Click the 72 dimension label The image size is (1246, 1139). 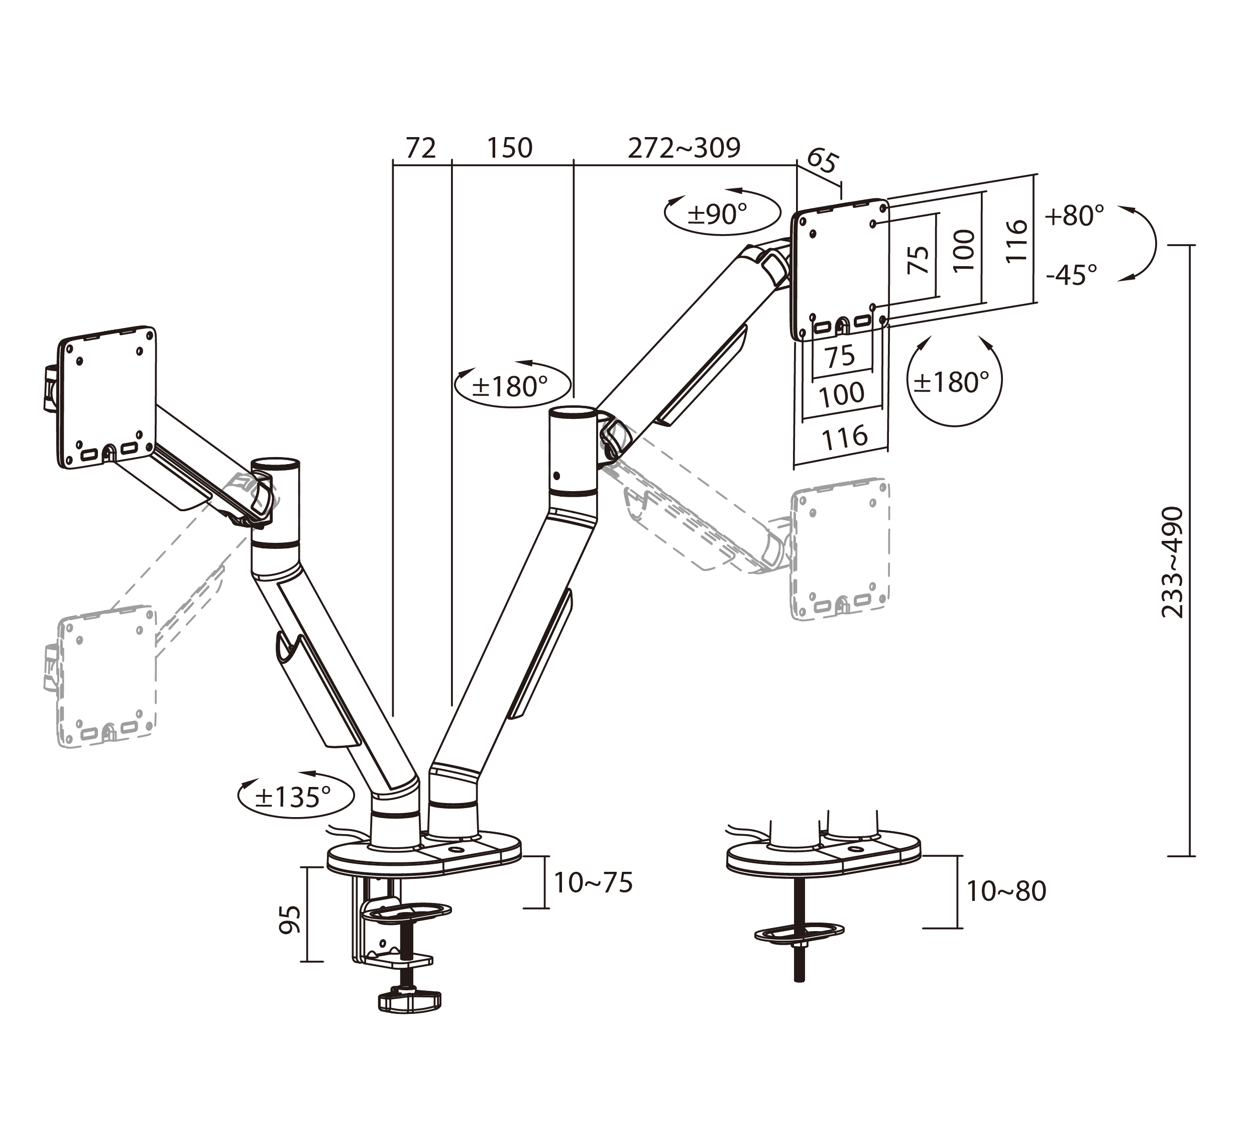421,148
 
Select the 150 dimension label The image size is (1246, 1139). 509,148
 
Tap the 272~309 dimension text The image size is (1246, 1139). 684,148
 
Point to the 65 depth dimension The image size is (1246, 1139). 823,161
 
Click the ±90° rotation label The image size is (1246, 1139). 718,214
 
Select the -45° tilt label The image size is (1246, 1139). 1072,274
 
